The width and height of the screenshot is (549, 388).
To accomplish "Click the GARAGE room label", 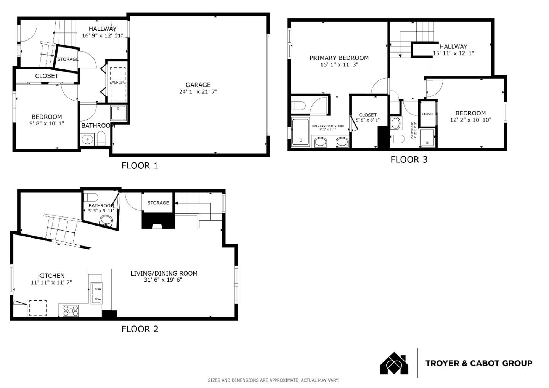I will click(198, 85).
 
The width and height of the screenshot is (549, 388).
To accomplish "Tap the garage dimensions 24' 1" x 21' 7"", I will click(198, 91).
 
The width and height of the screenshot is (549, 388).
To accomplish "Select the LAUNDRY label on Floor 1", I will click(117, 82).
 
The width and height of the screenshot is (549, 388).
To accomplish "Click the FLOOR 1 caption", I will click(140, 165).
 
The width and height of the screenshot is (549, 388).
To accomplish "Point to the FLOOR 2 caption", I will click(140, 329).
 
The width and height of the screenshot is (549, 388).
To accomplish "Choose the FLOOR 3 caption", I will click(409, 160).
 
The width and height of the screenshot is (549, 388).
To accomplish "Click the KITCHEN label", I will click(51, 276).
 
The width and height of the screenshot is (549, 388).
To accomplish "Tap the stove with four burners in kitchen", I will click(71, 310).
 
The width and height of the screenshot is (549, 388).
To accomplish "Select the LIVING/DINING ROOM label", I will click(164, 273).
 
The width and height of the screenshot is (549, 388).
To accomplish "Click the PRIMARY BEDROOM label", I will click(339, 58).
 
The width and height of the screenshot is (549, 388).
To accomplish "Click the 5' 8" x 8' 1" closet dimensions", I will click(368, 120).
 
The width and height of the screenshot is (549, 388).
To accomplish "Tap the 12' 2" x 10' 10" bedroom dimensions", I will click(470, 120).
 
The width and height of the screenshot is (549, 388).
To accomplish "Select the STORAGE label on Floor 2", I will click(158, 203).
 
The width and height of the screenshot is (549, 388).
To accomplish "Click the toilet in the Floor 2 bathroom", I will click(91, 197).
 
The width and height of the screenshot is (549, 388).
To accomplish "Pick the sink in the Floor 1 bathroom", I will click(88, 140).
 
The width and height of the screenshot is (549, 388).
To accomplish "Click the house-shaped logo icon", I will click(394, 364).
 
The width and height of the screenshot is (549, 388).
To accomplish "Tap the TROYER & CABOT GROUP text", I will click(479, 363).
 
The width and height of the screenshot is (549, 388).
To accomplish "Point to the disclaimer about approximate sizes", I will click(273, 380).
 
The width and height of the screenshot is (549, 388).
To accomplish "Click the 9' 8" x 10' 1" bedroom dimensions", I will click(47, 123).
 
